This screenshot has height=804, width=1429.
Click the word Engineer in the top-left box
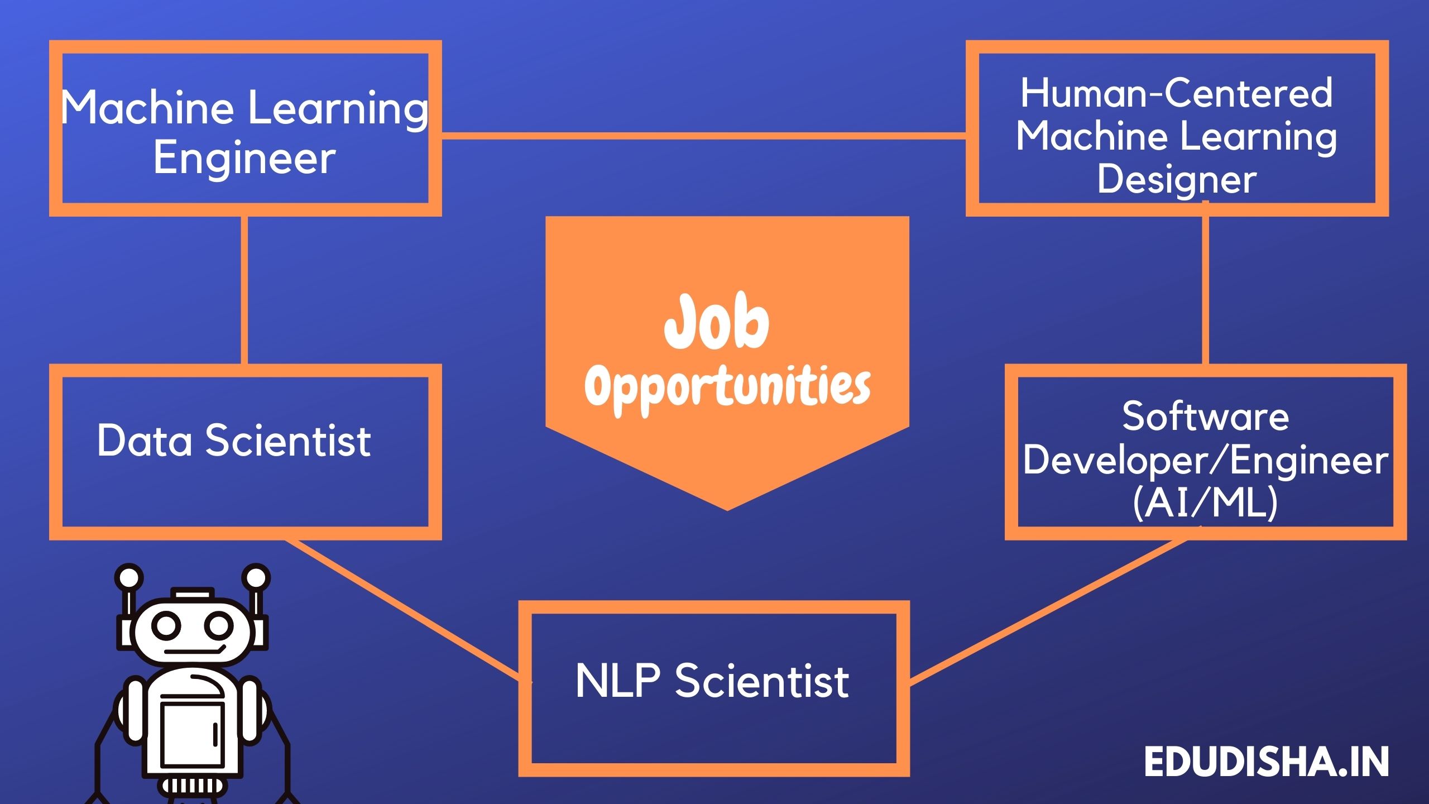pos(244,158)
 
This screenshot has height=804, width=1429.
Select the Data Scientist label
pos(234,440)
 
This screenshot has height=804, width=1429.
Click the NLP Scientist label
pos(712,681)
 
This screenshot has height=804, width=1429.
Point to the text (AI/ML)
pos(1205,502)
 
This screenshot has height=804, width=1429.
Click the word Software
pos(1205,416)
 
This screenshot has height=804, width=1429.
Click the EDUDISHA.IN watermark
pos(1266,762)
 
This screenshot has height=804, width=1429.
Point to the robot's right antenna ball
pos(257,578)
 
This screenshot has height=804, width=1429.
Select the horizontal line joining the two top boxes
pos(703,136)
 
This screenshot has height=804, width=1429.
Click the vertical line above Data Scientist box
pos(244,290)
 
